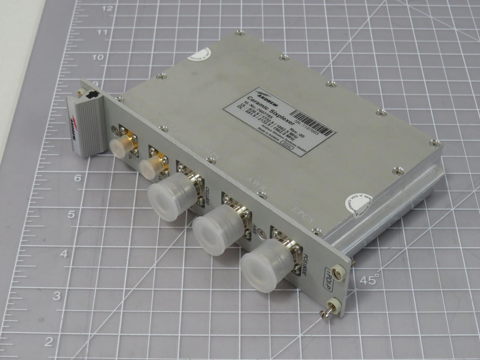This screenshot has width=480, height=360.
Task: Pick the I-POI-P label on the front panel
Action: click(x=333, y=277)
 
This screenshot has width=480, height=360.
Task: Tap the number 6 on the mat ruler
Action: click(x=77, y=178)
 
